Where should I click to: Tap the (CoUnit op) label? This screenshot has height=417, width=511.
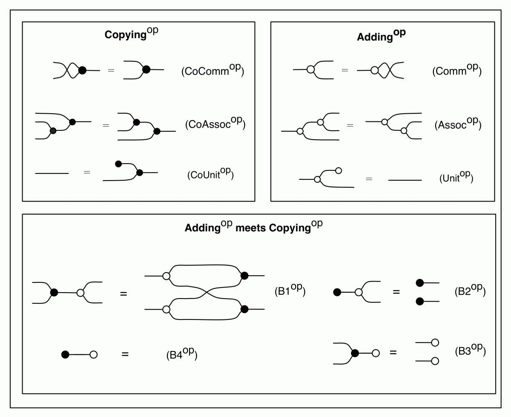[x=210, y=175]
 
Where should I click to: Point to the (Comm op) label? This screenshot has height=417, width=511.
[x=456, y=70]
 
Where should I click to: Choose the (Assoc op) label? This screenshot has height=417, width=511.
[x=458, y=125]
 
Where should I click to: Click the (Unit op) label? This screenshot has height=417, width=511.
[x=456, y=178]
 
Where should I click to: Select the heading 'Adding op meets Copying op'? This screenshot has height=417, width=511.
[x=253, y=227]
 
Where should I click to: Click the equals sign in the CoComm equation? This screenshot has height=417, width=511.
[x=111, y=70]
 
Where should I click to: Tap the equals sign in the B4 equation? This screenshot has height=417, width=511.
[x=125, y=354]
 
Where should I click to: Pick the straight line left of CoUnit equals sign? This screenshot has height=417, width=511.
[x=52, y=173]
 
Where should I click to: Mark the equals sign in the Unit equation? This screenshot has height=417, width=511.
[x=369, y=179]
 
